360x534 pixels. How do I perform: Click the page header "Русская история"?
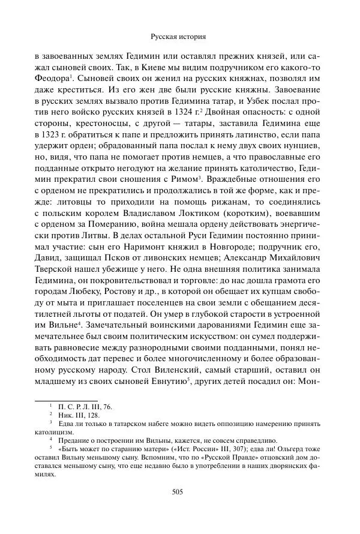click(180, 36)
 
